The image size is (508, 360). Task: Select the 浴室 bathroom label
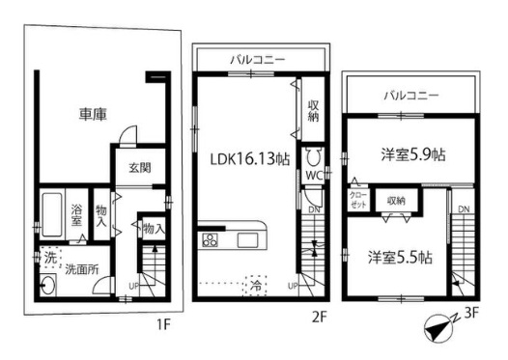tap(77, 214)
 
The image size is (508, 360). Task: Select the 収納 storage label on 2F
tap(313, 110)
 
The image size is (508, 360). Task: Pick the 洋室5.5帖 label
tap(399, 258)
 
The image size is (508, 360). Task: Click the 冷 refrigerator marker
tap(256, 286)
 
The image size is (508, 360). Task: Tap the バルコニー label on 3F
tap(410, 97)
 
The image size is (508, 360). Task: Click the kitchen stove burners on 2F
tap(208, 239)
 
